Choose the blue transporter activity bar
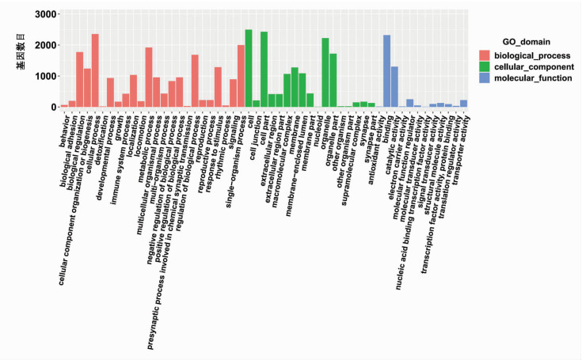coord(463,104)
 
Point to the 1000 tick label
coord(45,77)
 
